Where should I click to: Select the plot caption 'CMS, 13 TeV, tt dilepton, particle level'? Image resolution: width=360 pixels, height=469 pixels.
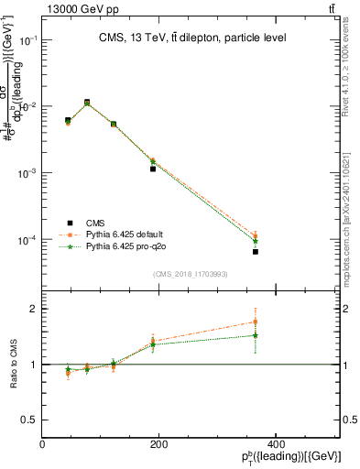(x=191, y=38)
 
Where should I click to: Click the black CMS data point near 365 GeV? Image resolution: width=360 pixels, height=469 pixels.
(x=256, y=251)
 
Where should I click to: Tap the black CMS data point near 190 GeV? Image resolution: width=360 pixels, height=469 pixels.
(x=153, y=169)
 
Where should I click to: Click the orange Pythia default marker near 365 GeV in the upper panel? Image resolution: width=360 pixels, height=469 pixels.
(x=256, y=235)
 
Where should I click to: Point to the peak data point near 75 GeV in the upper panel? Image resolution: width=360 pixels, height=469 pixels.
(x=87, y=103)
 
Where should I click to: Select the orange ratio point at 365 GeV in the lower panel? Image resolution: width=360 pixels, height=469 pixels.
(x=256, y=322)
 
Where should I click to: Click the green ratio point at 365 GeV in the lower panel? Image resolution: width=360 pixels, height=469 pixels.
(x=256, y=335)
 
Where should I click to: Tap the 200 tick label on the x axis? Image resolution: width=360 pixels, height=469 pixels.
(x=159, y=444)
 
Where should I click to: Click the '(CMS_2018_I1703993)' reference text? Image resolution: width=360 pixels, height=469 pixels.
(x=191, y=274)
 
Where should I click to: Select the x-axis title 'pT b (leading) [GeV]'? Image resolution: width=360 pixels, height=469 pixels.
(x=294, y=457)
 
